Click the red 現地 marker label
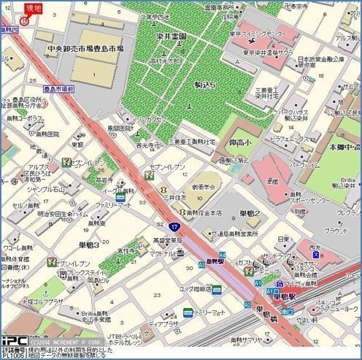32,8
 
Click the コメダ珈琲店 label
197,289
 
